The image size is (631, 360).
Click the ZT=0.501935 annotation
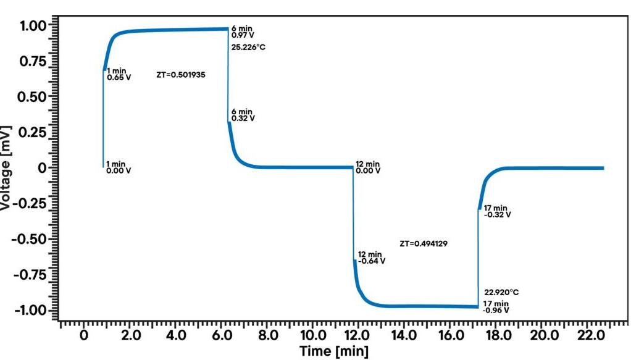click(x=181, y=75)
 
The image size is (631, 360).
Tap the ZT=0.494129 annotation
click(x=424, y=244)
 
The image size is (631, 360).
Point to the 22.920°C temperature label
click(x=501, y=292)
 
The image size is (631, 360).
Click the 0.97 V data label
click(x=242, y=35)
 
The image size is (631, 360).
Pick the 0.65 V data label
click(x=119, y=78)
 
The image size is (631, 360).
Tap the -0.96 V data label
click(x=496, y=310)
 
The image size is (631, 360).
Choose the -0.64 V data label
click(x=371, y=261)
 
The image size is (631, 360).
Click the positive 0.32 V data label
click(x=243, y=118)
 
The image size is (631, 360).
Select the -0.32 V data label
click(x=497, y=214)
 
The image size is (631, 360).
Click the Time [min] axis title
click(x=334, y=352)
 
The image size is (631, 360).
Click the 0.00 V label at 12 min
click(x=368, y=170)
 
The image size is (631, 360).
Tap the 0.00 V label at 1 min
click(x=119, y=170)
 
